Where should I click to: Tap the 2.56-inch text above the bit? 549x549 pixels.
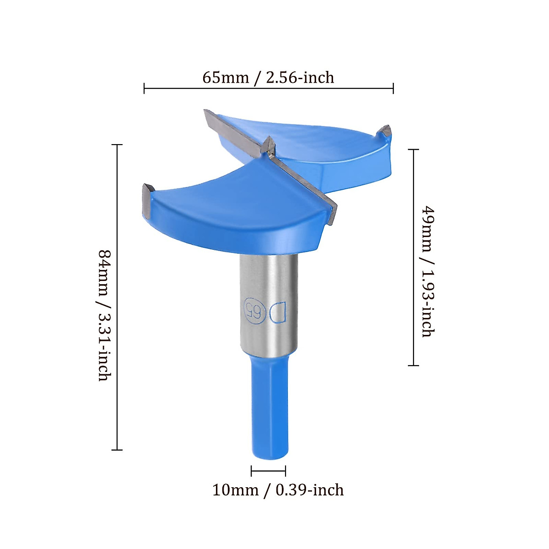coord(300,77)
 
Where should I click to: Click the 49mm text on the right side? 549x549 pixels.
coord(427,229)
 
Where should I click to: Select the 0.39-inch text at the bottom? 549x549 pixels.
coord(310,490)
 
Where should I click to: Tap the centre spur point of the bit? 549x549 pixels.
coord(269,145)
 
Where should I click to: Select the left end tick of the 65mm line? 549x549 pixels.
coord(144,88)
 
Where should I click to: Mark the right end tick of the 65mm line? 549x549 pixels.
coord(393,88)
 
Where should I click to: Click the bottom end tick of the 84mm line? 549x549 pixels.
coord(117,450)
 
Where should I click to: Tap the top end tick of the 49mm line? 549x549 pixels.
coord(414,150)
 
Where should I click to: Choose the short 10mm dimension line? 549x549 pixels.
coord(269,471)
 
